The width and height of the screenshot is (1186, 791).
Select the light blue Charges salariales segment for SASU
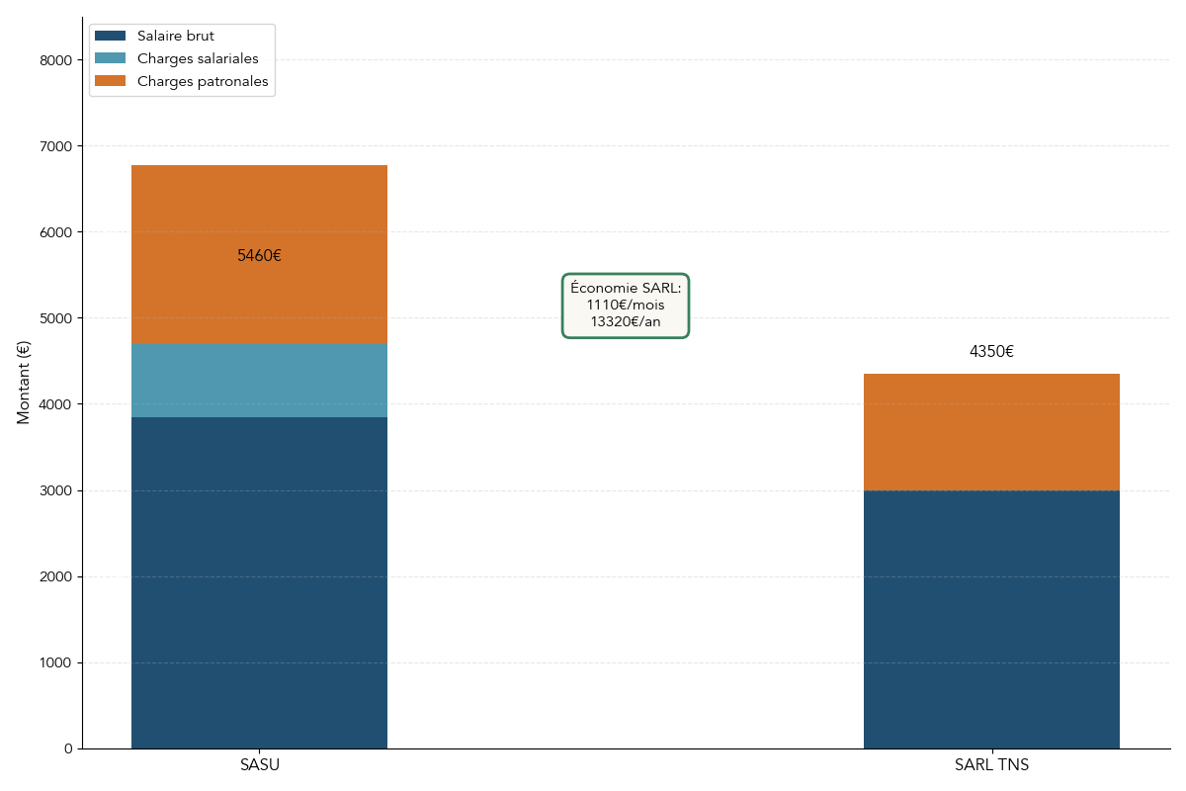coord(259,381)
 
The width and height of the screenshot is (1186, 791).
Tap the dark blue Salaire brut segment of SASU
coord(259,583)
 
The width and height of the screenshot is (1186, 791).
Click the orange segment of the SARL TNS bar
coord(991,432)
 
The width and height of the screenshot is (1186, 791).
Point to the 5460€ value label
coord(259,256)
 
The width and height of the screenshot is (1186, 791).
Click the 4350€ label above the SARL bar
coord(991,352)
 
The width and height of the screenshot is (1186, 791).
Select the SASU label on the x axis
coord(260,765)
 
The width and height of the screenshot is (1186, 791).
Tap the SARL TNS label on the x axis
coord(991,765)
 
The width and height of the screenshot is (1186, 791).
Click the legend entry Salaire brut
coord(175,37)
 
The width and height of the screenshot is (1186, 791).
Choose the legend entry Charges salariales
coord(198,59)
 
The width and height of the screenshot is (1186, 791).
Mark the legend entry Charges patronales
coord(203,82)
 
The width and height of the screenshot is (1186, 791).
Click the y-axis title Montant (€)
coord(24,382)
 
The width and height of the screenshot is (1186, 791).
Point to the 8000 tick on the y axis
coord(56,60)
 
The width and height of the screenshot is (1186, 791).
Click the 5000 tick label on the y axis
coord(56,318)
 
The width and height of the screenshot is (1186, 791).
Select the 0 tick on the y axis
coord(68,748)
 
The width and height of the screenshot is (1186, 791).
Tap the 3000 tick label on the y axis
coord(56,490)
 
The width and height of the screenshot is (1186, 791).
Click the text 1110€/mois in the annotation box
coord(626,305)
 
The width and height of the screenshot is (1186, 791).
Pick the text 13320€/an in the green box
coord(626,321)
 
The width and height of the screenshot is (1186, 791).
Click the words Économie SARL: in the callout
coord(626,288)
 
